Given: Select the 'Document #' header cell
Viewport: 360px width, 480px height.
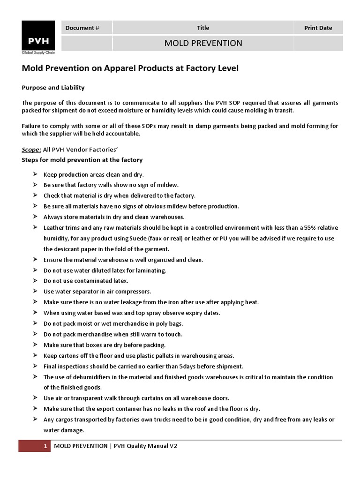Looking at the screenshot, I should pos(82,28).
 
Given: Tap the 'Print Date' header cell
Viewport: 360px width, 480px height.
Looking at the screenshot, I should pos(318,28).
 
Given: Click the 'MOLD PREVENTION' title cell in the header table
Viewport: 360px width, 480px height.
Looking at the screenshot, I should pos(203,43).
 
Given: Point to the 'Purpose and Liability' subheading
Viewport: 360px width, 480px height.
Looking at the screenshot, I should pos(53,88).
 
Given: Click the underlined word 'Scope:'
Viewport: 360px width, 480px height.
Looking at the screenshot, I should pos(31,150).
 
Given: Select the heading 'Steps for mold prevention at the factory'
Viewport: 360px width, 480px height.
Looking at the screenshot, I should pos(82,160).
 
